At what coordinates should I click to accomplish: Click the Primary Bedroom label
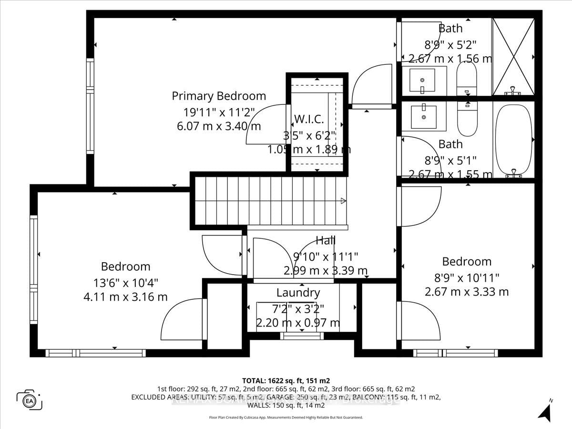pos(219,96)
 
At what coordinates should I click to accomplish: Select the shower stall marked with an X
pos(513,57)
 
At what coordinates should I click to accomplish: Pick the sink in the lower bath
pos(423,116)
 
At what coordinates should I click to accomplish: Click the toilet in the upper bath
pos(466,79)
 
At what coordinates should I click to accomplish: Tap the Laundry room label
pos(298,292)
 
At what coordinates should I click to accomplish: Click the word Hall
pos(326,240)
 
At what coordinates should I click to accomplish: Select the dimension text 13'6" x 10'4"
pos(125,282)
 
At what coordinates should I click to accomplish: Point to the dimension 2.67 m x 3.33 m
pos(467,291)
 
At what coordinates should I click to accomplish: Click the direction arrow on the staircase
pos(342,202)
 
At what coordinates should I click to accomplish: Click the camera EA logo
pos(30,399)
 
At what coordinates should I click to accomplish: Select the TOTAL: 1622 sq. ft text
pos(286,380)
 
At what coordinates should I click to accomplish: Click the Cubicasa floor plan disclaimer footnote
pos(286,417)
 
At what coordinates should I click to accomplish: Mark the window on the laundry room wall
pos(301,336)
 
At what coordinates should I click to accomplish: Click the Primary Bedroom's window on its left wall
pos(90,106)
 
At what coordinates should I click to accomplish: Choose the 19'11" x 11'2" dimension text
pos(219,112)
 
